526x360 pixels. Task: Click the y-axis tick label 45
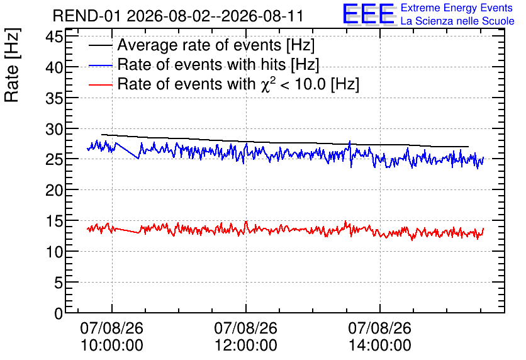pos(54,37)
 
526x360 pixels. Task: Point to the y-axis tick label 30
pos(54,129)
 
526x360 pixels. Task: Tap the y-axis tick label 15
pos(54,221)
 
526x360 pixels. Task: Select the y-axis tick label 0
pos(59,313)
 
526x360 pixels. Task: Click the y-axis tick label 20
pos(54,191)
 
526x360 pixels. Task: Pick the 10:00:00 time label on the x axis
pos(112,346)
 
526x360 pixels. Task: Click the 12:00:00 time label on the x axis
pos(246,346)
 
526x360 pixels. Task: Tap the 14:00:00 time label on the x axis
pos(380,346)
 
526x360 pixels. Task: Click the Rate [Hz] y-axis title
pos(12,65)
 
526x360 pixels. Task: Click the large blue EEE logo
pos(369,14)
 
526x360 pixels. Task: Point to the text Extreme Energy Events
pos(457,8)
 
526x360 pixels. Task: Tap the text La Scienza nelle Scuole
pos(457,21)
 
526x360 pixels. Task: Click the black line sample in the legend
pos(100,45)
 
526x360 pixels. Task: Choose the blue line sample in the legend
pos(100,65)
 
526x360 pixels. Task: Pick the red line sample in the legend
pos(100,85)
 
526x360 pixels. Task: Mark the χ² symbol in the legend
pos(268,84)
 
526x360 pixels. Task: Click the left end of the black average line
pos(101,135)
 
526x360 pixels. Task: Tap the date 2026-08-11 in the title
pos(262,16)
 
